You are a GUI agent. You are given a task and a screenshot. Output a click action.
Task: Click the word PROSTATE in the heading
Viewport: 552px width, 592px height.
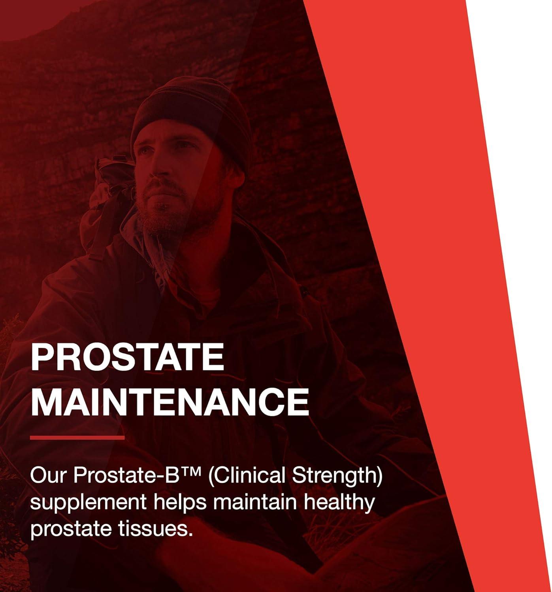(127, 357)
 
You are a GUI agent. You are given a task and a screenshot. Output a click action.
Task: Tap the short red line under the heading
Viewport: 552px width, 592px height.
(77, 437)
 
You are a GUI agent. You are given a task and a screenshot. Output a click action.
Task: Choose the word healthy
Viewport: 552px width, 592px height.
(343, 502)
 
